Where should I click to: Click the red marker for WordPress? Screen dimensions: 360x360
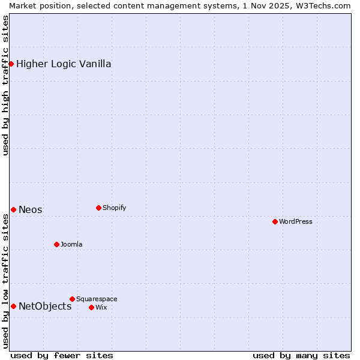[x=275, y=221]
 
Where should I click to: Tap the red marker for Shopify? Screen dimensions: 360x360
[x=98, y=208]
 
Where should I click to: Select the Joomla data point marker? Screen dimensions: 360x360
[x=56, y=244]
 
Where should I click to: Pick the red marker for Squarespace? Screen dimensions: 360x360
[x=72, y=299]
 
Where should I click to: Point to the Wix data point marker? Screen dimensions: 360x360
[x=91, y=307]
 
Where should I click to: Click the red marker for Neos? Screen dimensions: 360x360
[x=13, y=209]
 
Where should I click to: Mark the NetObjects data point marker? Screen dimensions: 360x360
[x=13, y=306]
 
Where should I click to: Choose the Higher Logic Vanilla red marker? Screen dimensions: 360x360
[x=11, y=64]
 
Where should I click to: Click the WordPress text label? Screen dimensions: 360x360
[x=296, y=221]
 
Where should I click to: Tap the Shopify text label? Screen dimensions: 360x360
[x=114, y=208]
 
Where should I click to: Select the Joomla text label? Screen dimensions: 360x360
[x=71, y=244]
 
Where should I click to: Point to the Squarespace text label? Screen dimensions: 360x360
[x=97, y=299]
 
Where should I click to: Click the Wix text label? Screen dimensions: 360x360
[x=101, y=307]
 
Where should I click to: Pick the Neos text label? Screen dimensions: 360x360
[x=31, y=209]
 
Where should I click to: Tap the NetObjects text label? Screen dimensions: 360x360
[x=45, y=306]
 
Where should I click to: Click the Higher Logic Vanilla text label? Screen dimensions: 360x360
[x=64, y=64]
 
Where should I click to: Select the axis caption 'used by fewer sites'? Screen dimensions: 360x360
[x=62, y=355]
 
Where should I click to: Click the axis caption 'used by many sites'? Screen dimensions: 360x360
[x=301, y=355]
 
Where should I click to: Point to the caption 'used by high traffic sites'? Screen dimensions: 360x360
[x=5, y=85]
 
